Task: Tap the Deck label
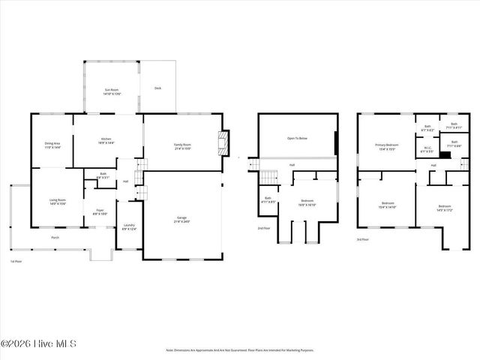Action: coord(157,88)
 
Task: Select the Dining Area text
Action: coord(52,145)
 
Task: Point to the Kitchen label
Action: coord(106,141)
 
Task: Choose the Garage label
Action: coord(182,219)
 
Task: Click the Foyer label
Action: coord(99,211)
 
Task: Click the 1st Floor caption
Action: coord(15,261)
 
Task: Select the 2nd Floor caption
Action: coord(263,228)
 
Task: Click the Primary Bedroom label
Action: coord(387,146)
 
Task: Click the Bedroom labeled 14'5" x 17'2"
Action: coord(445,208)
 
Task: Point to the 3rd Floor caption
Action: coord(362,239)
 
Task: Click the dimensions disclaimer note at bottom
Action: coord(240,349)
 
